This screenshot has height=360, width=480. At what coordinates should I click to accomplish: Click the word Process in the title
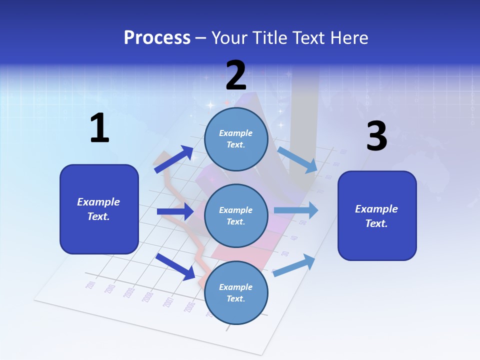(157, 38)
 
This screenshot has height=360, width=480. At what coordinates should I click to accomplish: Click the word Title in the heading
(268, 38)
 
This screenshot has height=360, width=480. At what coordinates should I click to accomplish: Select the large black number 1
(99, 128)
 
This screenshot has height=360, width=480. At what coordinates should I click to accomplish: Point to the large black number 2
(236, 75)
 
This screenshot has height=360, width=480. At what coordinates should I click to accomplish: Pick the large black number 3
(376, 136)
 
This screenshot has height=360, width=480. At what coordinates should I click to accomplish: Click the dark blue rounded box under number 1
(99, 209)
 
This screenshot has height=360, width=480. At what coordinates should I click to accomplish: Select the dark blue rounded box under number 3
(377, 215)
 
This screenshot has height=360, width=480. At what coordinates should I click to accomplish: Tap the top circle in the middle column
(236, 139)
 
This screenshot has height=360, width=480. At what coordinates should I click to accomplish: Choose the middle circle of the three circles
(236, 215)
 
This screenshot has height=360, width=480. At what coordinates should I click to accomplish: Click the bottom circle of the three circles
(236, 292)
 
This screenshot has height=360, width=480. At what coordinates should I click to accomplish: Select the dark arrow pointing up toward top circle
(174, 159)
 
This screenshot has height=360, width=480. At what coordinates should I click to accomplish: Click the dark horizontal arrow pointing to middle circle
(175, 211)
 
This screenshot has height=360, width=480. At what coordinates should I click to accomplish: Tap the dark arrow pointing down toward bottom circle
(175, 266)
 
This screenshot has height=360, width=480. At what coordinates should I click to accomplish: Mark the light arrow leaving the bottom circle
(294, 265)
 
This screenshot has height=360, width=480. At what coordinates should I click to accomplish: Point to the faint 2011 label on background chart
(90, 285)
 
